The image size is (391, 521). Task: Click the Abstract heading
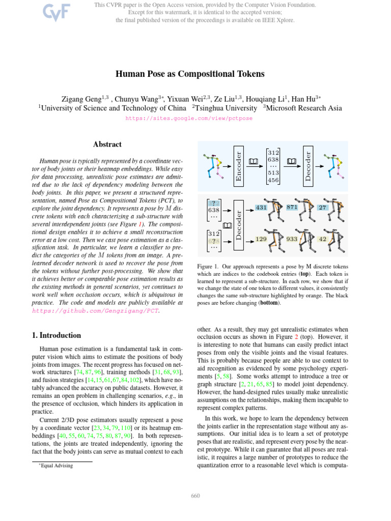(107, 144)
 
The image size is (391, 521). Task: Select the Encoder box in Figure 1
(239, 163)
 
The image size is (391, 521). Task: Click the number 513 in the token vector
(274, 172)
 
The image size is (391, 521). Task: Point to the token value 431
(261, 208)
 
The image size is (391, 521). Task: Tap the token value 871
(292, 208)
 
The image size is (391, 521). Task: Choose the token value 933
(292, 238)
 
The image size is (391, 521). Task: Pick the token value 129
(261, 239)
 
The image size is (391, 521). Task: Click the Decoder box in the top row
(309, 163)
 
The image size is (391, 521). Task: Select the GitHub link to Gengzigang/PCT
(96, 310)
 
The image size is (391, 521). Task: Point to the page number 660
(195, 496)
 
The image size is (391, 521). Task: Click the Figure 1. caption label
(208, 266)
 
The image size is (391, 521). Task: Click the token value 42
(322, 238)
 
